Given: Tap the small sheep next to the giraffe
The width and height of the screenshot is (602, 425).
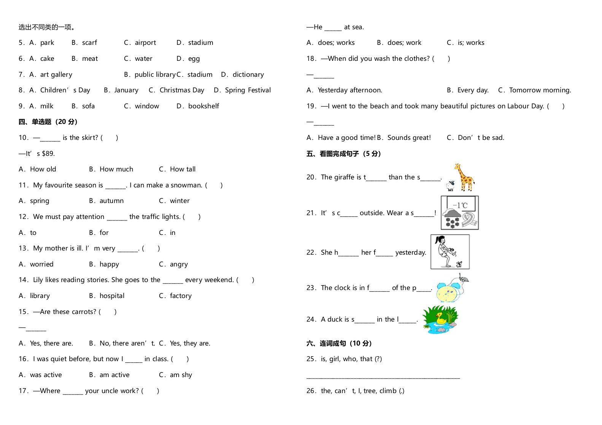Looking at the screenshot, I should tap(451, 186).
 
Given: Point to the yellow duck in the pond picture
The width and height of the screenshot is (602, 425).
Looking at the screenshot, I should tap(441, 318).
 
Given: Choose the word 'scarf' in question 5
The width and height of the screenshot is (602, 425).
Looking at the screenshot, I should tap(89, 43).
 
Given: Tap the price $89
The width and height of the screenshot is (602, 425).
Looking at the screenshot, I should tap(48, 154).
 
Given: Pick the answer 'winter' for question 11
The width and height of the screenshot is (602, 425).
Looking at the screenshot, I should tap(179, 201).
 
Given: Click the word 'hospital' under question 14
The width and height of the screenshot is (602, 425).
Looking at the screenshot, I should tap(112, 296).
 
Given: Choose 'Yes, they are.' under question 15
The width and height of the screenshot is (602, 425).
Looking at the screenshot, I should tap(190, 343).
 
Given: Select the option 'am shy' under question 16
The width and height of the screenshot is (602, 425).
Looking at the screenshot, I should tap(181, 375).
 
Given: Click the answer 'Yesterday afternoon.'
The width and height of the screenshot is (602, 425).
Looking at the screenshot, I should tap(350, 90).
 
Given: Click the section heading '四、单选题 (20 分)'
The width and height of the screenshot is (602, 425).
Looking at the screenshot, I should tap(48, 122).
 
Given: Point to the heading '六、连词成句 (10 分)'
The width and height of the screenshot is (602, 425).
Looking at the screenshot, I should tap(339, 343).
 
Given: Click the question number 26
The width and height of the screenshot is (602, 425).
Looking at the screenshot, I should tap(311, 391).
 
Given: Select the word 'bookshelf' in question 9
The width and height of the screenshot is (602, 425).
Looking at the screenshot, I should tap(203, 106).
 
